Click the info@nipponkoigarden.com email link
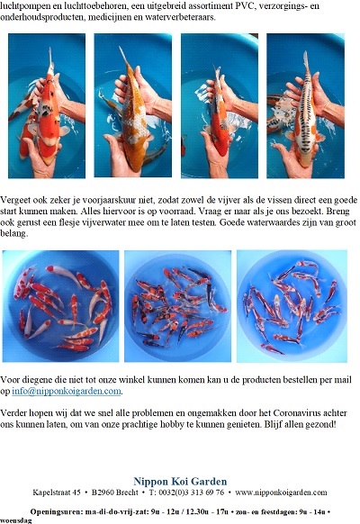click(x=67, y=391)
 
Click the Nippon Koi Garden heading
click(x=180, y=481)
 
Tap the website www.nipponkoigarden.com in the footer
click(x=281, y=492)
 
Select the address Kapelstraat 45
click(x=57, y=492)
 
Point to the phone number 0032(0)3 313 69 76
click(x=192, y=492)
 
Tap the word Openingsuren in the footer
click(x=56, y=511)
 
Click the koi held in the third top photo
click(x=220, y=113)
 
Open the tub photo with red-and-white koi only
click(x=61, y=306)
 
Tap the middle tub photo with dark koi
click(x=177, y=306)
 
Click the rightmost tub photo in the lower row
click(x=292, y=306)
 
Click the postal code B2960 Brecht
click(x=115, y=492)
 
